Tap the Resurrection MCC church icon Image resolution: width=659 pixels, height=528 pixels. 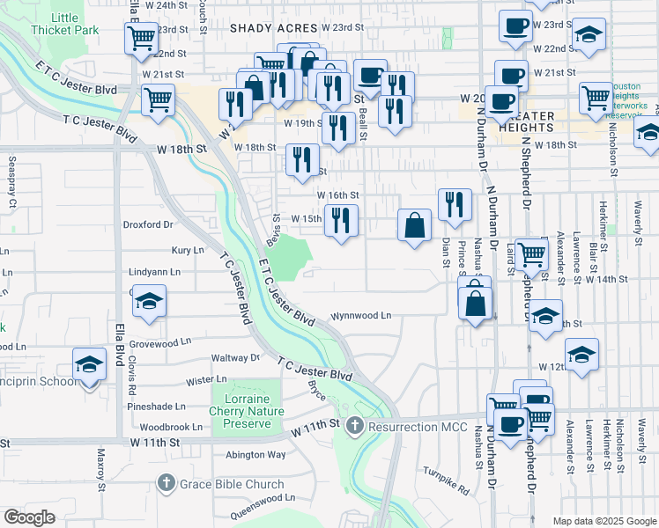[354, 427]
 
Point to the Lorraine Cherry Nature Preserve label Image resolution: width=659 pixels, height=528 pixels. [247, 411]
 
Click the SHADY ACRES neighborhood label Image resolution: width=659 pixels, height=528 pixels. [273, 28]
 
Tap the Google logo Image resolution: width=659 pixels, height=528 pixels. [30, 517]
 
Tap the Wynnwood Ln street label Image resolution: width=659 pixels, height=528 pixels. [360, 315]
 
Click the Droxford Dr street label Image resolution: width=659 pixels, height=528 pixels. [148, 224]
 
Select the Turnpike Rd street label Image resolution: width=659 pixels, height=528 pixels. [445, 475]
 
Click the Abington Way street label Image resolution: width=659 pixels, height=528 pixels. [256, 455]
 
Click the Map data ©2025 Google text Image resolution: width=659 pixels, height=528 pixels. [603, 521]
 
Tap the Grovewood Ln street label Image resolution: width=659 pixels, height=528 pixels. [159, 341]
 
